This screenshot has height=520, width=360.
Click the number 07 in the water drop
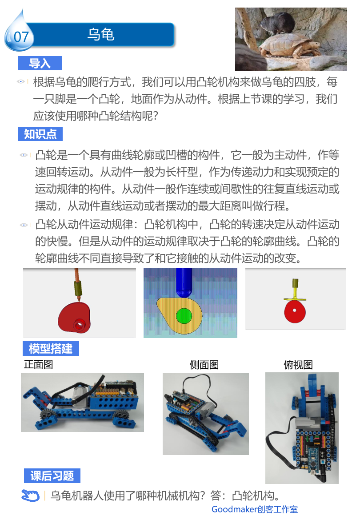(21, 37)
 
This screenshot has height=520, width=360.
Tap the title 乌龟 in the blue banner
(101, 35)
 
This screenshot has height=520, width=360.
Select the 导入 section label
(40, 63)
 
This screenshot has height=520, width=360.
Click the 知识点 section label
(40, 134)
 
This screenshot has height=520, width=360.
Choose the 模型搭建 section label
(51, 349)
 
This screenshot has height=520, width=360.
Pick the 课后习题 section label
(52, 476)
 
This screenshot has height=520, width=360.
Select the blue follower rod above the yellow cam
(184, 282)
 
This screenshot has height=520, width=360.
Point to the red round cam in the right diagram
(295, 311)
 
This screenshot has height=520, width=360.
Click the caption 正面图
(39, 364)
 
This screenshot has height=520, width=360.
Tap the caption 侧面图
(204, 365)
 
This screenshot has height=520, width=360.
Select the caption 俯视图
(298, 365)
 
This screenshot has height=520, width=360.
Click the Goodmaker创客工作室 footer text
(255, 509)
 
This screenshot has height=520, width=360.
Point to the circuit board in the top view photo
(313, 451)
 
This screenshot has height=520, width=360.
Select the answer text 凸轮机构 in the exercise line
(253, 496)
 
